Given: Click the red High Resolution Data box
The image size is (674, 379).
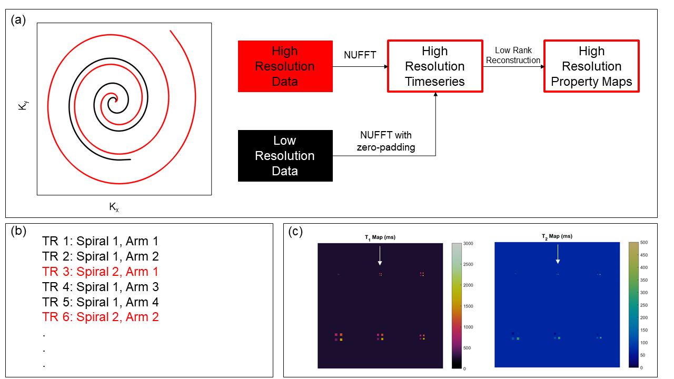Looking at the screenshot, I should tap(285, 66).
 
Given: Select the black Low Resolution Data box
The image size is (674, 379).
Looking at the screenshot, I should tap(285, 156).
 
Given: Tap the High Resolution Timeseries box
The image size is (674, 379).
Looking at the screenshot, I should tap(434, 66).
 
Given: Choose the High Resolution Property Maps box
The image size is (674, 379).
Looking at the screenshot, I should tap(591, 66).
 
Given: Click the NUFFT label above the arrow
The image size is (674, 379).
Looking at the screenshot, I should tap(360, 54).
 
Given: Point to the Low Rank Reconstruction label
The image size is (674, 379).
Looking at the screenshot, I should tap(513, 55).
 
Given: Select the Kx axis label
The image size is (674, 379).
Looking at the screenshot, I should tap(114, 207).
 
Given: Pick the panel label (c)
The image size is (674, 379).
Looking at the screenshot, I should tap(296, 232).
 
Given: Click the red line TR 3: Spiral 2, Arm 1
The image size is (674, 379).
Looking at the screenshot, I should tap(100, 272).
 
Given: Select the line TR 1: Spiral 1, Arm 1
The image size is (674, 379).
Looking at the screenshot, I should tap(100, 242).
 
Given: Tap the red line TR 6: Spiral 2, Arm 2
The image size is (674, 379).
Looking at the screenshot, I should tap(100, 317).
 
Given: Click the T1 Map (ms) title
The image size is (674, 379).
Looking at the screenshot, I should tap(380, 237).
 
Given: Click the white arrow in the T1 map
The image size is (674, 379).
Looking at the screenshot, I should tap(380, 256).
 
